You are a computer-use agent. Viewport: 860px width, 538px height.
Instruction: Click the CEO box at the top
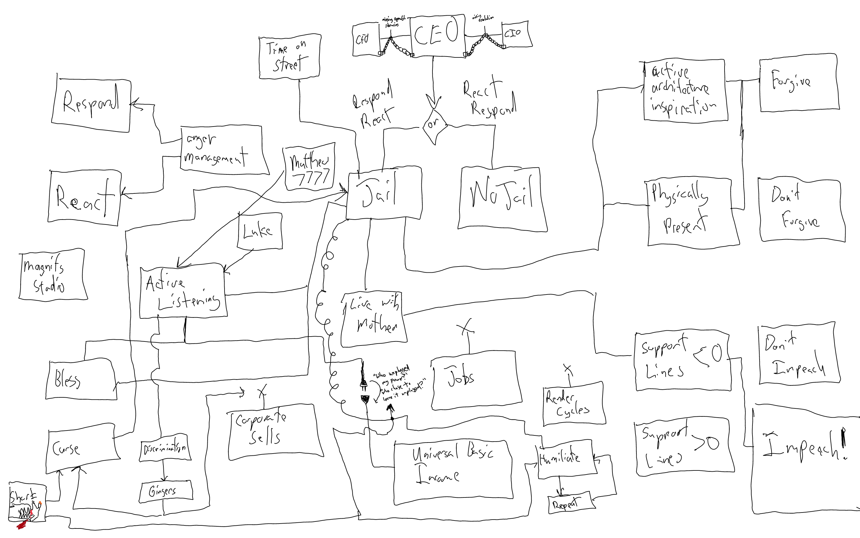click(x=437, y=36)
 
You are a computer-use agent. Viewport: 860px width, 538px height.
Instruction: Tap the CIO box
click(x=516, y=34)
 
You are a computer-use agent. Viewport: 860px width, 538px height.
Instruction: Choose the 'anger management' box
click(x=223, y=150)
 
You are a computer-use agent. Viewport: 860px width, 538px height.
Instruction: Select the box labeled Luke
click(x=260, y=231)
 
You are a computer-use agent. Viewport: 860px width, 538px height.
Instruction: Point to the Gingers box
click(x=165, y=491)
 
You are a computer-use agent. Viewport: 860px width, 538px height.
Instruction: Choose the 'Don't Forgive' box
click(x=801, y=211)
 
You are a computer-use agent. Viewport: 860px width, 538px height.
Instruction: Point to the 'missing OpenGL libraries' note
click(x=393, y=21)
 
